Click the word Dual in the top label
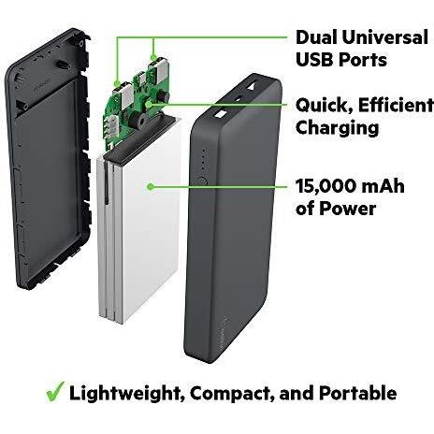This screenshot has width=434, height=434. (x=316, y=37)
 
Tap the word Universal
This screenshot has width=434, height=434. (x=384, y=37)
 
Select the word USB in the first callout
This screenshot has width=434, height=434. (x=314, y=59)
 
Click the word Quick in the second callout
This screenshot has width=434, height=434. (x=324, y=106)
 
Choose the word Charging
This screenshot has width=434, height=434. (x=337, y=128)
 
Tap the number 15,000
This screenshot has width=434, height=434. (x=325, y=186)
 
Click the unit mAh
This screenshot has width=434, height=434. (x=383, y=186)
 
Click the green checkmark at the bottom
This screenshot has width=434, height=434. (x=55, y=391)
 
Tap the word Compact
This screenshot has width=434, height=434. (x=232, y=394)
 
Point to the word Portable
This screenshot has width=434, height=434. (x=358, y=393)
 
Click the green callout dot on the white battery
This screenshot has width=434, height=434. (x=151, y=187)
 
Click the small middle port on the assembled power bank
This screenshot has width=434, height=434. (x=239, y=98)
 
